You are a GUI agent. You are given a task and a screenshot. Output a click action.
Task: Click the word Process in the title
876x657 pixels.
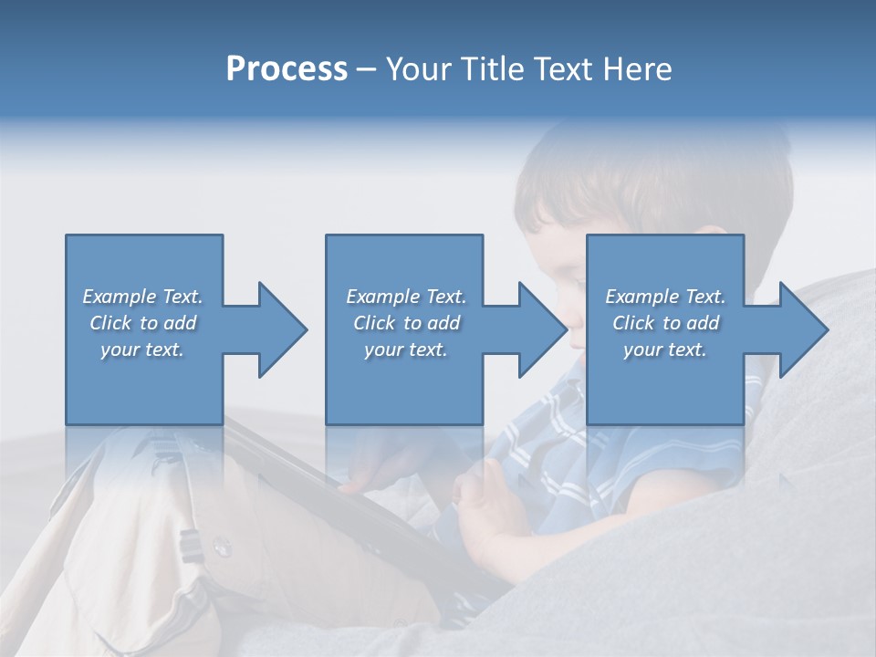coord(287,69)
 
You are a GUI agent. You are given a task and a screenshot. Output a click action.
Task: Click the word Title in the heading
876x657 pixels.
coord(489,69)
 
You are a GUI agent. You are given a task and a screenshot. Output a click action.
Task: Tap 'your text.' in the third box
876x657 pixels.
coord(665,349)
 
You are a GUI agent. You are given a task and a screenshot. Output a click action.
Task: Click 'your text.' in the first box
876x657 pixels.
coord(142,349)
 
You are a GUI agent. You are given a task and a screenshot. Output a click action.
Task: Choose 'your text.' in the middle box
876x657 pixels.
coord(405,349)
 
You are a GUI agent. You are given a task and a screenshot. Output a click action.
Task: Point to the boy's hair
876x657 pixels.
coord(657,173)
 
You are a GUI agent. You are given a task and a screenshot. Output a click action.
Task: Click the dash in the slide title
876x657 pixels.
coord(366,69)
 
